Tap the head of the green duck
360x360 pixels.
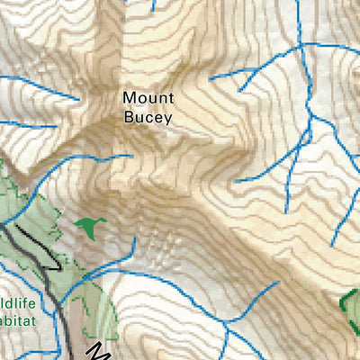click(103, 220)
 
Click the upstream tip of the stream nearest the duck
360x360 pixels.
click(135, 238)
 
